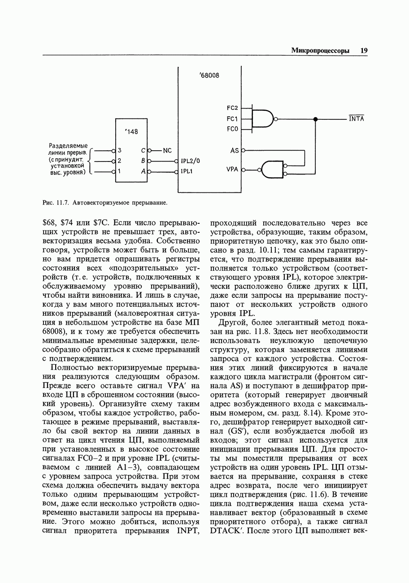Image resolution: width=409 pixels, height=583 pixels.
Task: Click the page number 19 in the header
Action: [363, 51]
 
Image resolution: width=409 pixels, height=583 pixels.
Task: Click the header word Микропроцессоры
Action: [320, 51]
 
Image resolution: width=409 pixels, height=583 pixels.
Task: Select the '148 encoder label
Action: [131, 131]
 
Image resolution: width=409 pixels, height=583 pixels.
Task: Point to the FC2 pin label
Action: [232, 108]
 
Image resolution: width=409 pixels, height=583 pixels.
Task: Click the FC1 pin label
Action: [232, 119]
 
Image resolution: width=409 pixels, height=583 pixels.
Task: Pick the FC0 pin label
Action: [232, 129]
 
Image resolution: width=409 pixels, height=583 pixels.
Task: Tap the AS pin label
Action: [234, 151]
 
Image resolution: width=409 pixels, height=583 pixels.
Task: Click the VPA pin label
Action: [232, 170]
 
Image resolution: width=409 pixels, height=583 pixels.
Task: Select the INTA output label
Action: [357, 119]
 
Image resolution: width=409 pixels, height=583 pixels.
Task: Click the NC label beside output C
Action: [167, 151]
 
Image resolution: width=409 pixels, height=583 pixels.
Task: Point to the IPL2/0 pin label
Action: [191, 161]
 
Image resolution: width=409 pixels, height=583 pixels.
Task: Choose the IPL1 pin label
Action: [187, 171]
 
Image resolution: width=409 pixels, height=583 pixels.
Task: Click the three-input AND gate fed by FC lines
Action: [263, 119]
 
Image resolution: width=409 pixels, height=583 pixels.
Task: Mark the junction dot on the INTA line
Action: [315, 119]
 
